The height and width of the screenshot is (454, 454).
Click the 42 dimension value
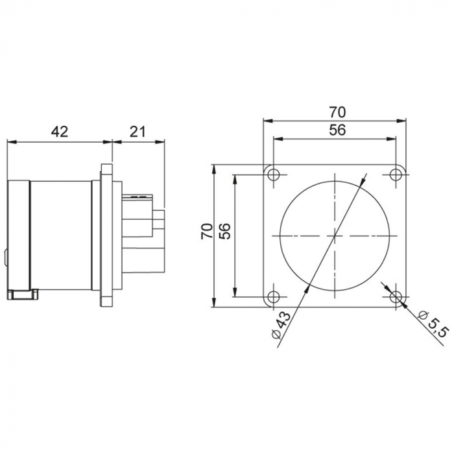coord(59,132)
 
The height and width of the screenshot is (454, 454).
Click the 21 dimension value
coord(137,132)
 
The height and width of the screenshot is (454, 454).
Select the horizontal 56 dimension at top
coord(335,129)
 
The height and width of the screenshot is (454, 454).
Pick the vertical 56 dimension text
coord(225,232)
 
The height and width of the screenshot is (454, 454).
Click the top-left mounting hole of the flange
coord(274,174)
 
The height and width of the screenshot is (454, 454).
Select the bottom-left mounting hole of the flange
coord(274,296)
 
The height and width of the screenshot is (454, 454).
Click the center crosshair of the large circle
coord(335,235)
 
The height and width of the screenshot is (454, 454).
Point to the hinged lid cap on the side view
coord(18,237)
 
